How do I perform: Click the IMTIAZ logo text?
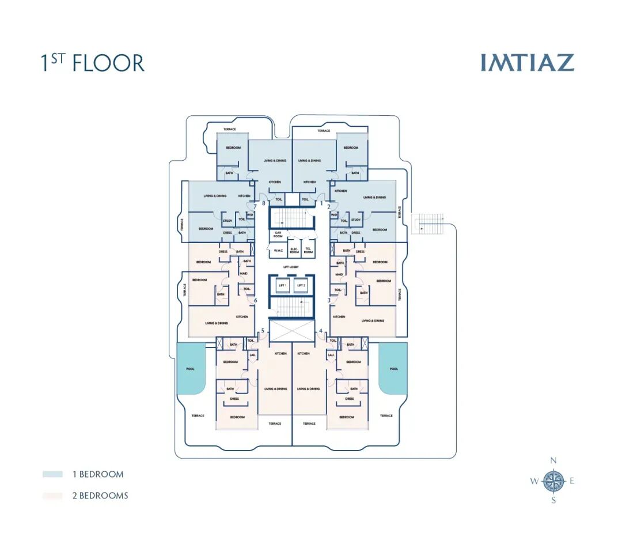point(527,63)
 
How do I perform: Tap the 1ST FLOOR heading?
point(92,63)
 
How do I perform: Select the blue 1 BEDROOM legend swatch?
point(52,474)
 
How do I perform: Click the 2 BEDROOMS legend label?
point(100,496)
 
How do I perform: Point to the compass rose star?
point(553,481)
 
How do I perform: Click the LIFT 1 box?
point(283,286)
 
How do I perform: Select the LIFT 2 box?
point(300,286)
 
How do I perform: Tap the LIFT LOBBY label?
point(291,267)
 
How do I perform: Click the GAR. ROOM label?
point(278,235)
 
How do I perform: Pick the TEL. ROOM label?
point(308,251)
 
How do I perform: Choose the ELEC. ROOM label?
point(294,251)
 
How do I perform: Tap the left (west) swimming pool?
point(191,369)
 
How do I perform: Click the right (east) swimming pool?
point(393,369)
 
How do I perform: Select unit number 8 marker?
point(264,203)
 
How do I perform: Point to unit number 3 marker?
point(329,300)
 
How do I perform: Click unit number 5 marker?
point(263,331)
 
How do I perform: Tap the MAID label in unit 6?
point(244,273)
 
